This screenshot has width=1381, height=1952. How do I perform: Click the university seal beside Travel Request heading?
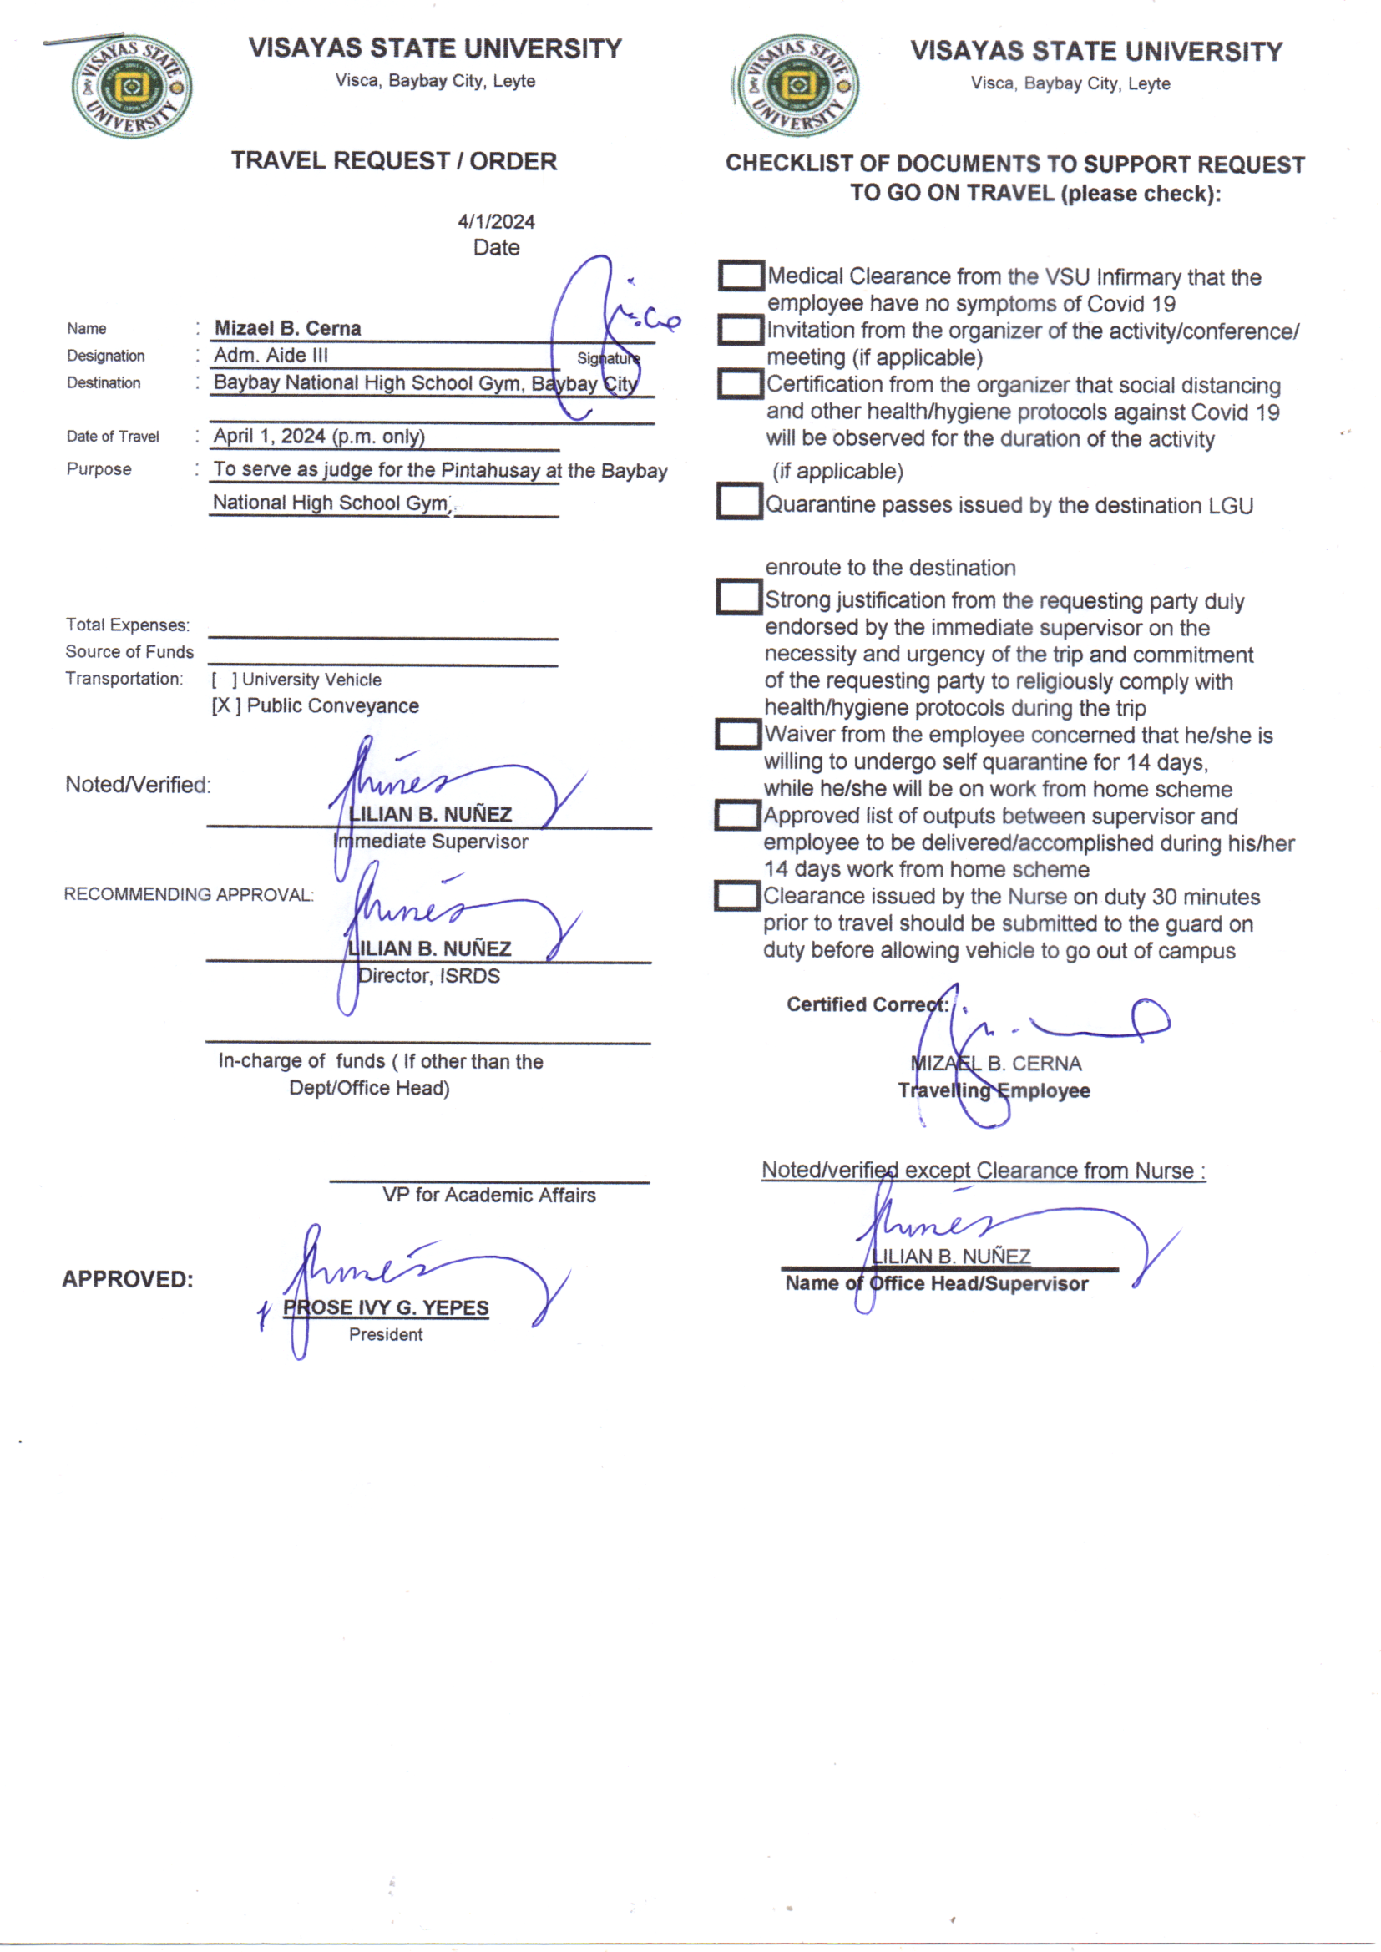click(x=132, y=86)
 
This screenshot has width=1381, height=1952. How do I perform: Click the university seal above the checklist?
click(x=797, y=85)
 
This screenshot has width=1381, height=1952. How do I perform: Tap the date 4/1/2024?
click(x=496, y=222)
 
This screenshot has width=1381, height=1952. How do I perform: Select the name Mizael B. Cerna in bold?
click(x=287, y=328)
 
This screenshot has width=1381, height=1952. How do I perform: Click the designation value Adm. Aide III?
click(x=271, y=356)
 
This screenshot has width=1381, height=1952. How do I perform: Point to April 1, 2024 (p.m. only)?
click(x=319, y=436)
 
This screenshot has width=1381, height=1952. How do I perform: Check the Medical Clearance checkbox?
click(x=740, y=276)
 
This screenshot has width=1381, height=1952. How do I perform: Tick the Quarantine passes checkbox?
click(x=738, y=501)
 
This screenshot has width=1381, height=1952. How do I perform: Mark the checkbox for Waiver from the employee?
click(x=736, y=734)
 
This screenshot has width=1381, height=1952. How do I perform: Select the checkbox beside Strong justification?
click(x=737, y=597)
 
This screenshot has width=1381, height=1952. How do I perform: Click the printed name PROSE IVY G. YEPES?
click(x=386, y=1307)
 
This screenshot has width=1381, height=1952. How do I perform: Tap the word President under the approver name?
click(x=385, y=1335)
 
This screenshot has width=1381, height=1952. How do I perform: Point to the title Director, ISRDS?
click(x=428, y=976)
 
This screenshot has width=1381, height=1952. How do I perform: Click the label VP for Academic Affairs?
click(x=489, y=1196)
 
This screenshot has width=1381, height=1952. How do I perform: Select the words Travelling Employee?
click(x=994, y=1090)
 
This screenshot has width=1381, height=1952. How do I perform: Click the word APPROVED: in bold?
click(x=128, y=1280)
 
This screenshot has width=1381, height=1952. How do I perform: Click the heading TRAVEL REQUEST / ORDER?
click(x=394, y=160)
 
